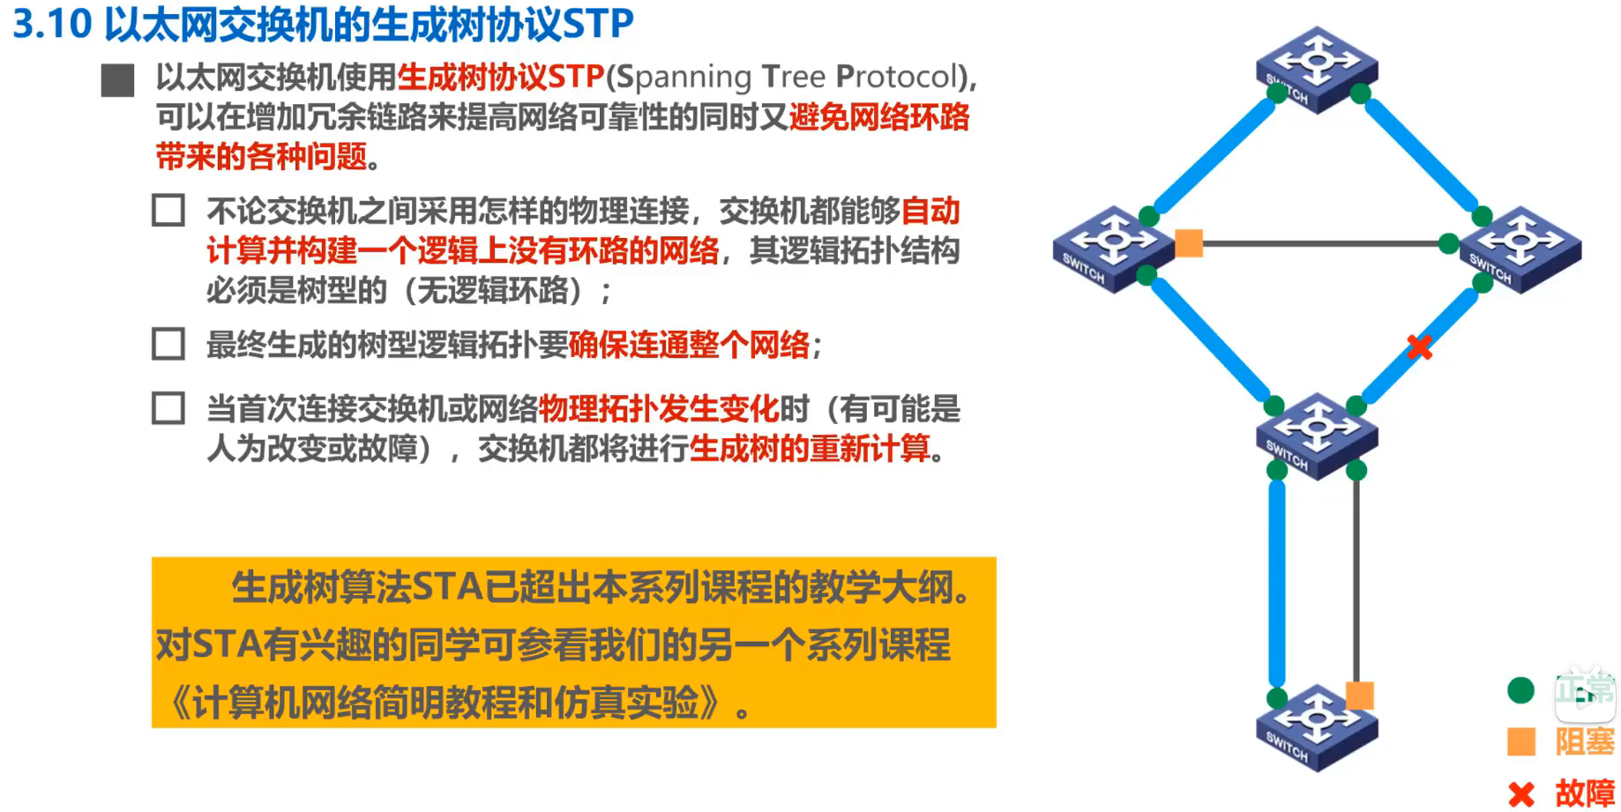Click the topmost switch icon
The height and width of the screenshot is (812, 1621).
coord(1317,69)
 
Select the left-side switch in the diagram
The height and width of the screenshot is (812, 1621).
coord(1114,249)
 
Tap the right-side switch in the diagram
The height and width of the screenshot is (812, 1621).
coord(1520,249)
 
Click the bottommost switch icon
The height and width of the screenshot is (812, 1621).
coord(1317,727)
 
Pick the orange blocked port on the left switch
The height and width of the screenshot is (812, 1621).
coord(1189,242)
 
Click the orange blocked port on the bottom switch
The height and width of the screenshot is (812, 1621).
coord(1359,695)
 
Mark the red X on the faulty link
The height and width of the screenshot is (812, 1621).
coord(1419,346)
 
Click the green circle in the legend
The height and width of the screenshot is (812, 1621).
coord(1520,690)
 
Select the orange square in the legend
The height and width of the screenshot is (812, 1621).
coord(1520,741)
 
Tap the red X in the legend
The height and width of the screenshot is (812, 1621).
coord(1520,793)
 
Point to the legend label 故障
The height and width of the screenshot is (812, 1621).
coord(1585,793)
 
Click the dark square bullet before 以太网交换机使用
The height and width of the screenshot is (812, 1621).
coord(117,79)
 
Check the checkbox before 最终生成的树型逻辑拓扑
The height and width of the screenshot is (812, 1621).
coord(168,344)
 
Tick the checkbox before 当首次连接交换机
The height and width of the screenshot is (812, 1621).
coord(168,408)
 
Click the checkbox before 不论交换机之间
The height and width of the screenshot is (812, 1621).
coord(168,211)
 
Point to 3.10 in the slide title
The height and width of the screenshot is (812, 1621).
coord(52,24)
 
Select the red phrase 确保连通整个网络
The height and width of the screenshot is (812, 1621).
coord(689,345)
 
